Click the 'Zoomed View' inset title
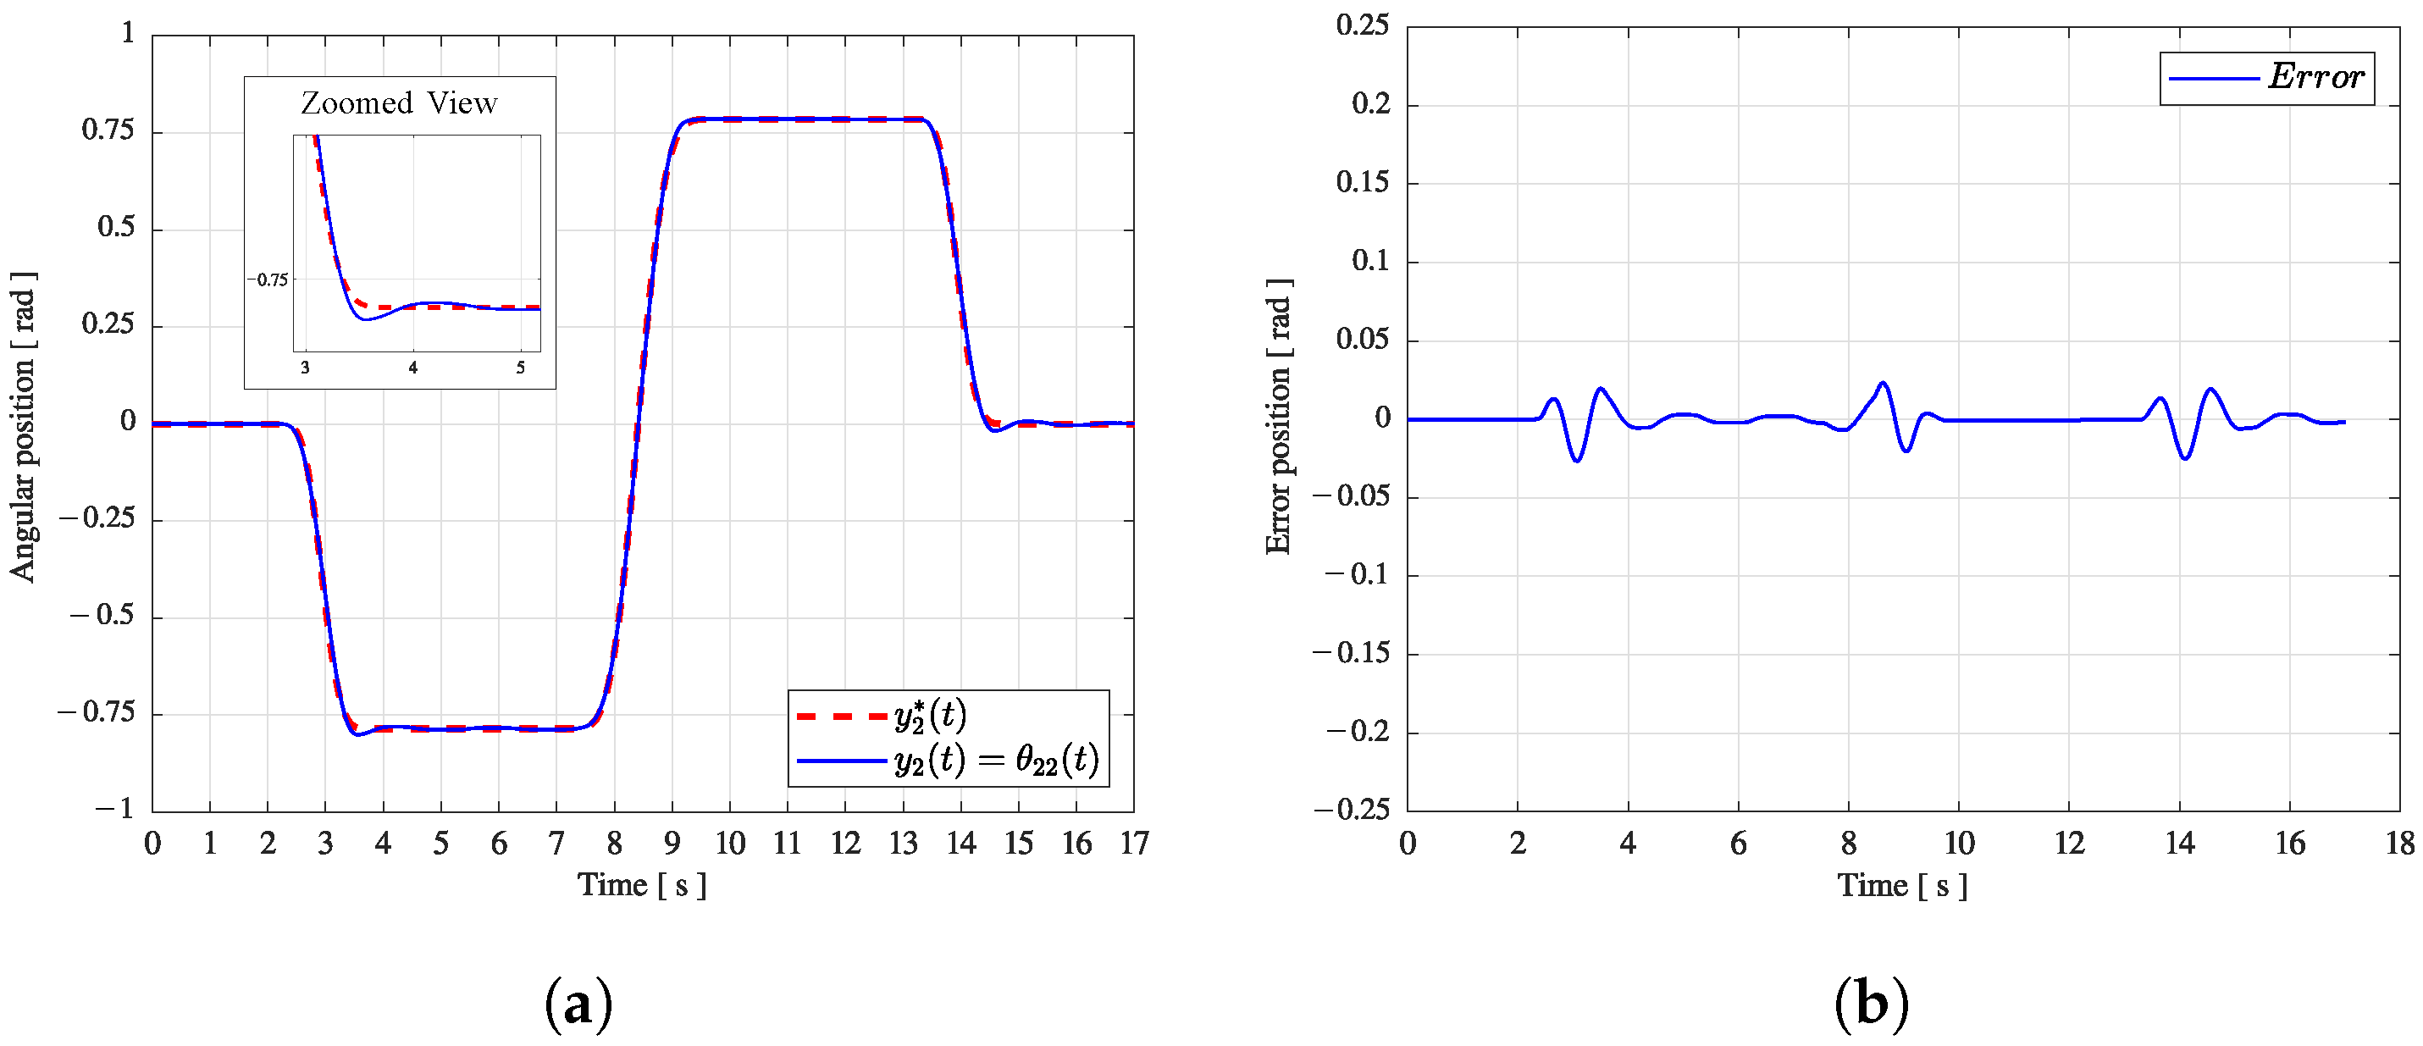click(x=399, y=102)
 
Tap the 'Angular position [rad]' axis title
click(x=24, y=426)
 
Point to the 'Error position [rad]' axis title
click(x=1278, y=417)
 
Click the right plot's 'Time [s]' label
click(x=1902, y=885)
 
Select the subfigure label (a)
click(x=578, y=1004)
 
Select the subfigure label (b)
click(x=1871, y=1004)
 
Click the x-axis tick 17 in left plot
click(x=1134, y=844)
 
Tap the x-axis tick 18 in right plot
click(x=2400, y=844)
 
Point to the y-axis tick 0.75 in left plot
click(x=108, y=130)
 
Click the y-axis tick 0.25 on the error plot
click(x=1363, y=25)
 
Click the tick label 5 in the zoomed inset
click(x=520, y=368)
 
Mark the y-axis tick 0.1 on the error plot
click(x=1370, y=262)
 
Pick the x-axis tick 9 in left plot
click(x=672, y=844)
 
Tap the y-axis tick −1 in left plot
click(x=114, y=809)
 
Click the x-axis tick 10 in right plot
click(x=1959, y=844)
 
